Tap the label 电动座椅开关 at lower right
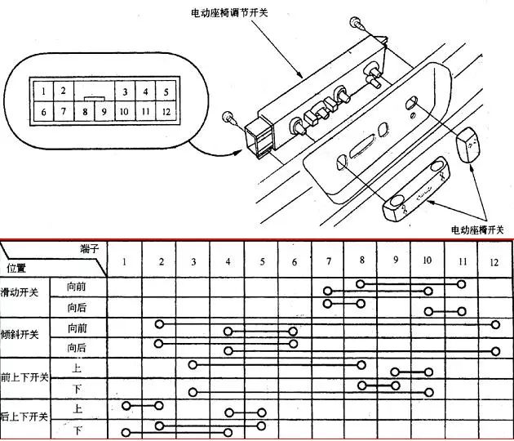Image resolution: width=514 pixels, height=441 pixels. click(x=480, y=230)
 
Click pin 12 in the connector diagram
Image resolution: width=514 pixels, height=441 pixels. click(x=166, y=112)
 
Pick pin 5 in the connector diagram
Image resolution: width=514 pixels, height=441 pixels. click(x=166, y=92)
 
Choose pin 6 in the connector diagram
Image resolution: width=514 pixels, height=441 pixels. click(x=44, y=112)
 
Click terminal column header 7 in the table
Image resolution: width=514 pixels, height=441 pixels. click(x=327, y=261)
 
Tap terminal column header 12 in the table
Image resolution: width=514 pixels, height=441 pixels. click(x=494, y=262)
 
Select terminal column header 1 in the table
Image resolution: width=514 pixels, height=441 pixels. click(x=124, y=261)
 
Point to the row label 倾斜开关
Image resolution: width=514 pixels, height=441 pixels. click(x=20, y=335)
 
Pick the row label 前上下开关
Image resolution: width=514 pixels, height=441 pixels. click(x=24, y=377)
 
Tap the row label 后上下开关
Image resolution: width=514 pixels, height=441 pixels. click(x=24, y=417)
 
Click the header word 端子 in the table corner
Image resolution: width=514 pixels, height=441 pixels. click(x=90, y=247)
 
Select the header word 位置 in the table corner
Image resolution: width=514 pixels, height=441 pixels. click(x=16, y=268)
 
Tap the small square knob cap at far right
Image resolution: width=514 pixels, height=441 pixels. click(x=471, y=145)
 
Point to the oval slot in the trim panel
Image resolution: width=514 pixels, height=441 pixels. click(x=360, y=150)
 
